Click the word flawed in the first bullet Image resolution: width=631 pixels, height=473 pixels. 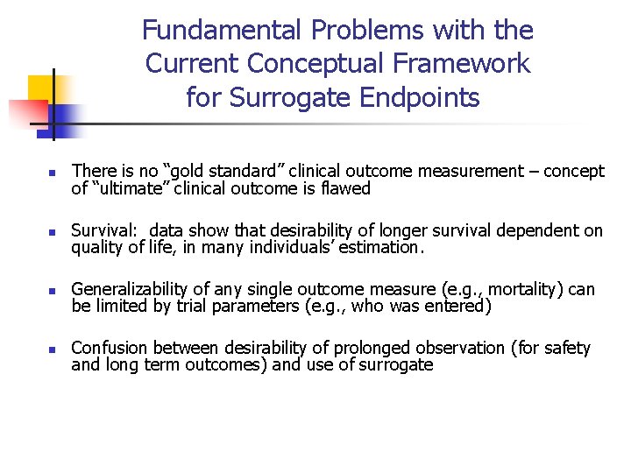346,188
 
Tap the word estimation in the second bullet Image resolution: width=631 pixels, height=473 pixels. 383,247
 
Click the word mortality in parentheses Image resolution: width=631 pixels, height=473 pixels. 534,290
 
